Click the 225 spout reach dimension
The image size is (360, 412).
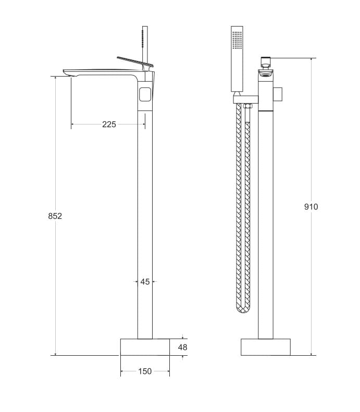point(109,124)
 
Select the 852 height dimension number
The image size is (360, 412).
point(55,216)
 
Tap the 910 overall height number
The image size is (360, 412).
point(311,207)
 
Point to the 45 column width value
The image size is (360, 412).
point(145,282)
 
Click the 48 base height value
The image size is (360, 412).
point(182,347)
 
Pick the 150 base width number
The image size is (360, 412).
point(145,371)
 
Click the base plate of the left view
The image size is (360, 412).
point(145,347)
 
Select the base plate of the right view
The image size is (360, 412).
point(265,347)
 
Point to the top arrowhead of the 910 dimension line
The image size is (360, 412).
point(312,59)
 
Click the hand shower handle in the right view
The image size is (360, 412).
point(237,73)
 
